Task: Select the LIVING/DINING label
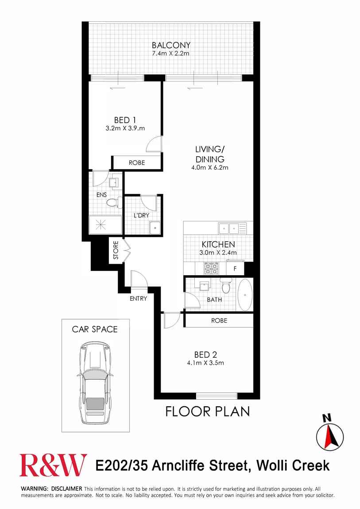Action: tap(209, 155)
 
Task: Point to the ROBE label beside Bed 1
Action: tap(136, 163)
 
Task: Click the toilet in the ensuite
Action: tap(112, 203)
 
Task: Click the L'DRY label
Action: tap(141, 216)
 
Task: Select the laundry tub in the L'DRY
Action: tap(155, 228)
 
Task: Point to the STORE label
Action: tap(116, 250)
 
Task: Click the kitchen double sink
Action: tap(229, 228)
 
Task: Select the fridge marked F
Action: tap(235, 269)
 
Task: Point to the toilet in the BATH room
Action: tap(226, 286)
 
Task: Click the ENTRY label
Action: tap(138, 299)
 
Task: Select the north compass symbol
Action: tap(329, 435)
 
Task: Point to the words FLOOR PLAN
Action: tap(208, 412)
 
